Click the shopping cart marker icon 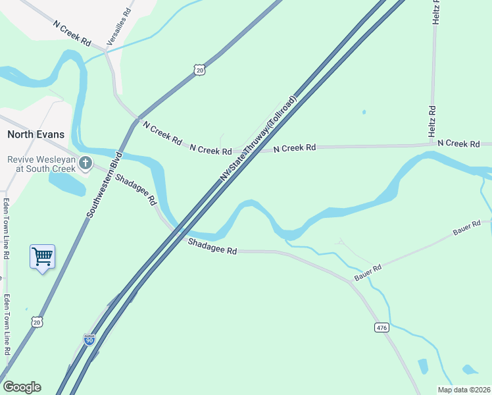42,256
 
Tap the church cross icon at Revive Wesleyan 85,163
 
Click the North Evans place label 36,134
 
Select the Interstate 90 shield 89,340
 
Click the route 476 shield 381,327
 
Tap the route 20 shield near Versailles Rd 200,69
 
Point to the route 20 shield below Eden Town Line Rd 37,321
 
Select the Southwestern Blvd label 101,185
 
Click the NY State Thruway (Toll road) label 258,139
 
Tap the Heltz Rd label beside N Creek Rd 432,121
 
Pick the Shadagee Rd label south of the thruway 212,248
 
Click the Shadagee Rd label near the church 135,188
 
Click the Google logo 22,387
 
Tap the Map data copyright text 464,390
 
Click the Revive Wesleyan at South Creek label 39,164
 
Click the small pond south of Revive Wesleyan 66,184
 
